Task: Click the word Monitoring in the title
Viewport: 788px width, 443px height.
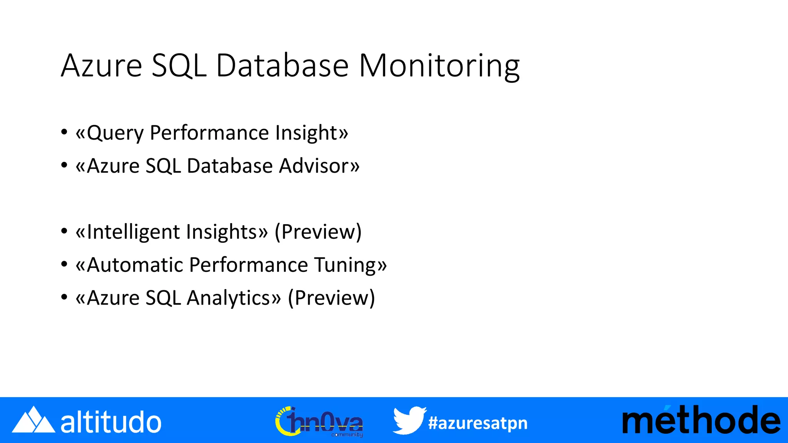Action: point(439,66)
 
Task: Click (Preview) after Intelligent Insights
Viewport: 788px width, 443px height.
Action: point(318,232)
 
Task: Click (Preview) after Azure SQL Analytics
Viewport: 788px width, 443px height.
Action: point(331,298)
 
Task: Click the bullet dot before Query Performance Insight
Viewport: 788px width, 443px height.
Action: point(64,133)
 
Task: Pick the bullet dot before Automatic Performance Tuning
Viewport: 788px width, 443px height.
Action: point(64,265)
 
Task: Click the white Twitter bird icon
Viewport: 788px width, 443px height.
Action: point(409,420)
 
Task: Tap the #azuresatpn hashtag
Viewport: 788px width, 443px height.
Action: point(477,423)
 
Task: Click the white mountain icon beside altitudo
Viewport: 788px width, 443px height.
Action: point(33,420)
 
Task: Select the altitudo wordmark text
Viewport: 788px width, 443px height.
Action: point(111,422)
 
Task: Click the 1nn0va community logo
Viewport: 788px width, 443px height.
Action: point(319,421)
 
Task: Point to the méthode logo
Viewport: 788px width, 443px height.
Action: point(701,420)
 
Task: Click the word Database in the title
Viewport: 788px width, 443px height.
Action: point(282,66)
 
